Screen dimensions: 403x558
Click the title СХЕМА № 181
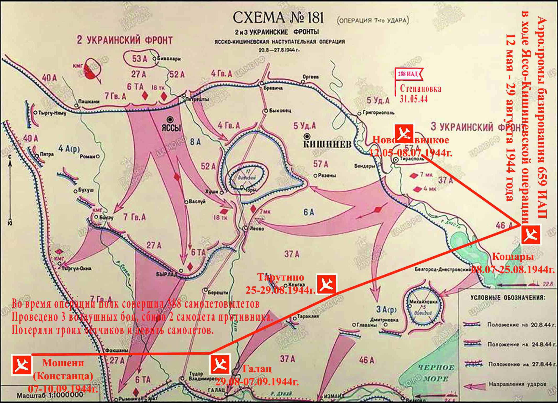274,18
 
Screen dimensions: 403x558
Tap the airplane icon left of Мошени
22,364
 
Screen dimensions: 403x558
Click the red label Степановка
420,89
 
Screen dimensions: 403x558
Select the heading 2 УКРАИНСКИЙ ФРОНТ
124,40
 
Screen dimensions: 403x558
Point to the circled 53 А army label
140,59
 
